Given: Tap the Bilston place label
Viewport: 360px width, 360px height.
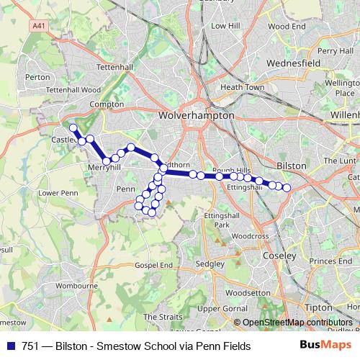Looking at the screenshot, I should coord(292,165).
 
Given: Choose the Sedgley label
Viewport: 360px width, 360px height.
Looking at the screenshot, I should coord(210,264).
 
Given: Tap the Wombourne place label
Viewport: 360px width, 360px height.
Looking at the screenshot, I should coord(76,285).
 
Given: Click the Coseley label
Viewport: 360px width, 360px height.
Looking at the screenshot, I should coord(281,256).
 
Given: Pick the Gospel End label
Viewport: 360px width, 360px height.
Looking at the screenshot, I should coord(155,265).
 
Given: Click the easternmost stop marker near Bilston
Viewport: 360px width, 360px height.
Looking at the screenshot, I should coord(286,188).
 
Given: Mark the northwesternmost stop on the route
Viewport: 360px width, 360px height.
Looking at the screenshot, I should coord(73,127).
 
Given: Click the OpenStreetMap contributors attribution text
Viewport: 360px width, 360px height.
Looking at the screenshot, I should coord(297,323).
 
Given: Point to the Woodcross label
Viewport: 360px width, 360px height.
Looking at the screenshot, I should coord(251,235).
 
